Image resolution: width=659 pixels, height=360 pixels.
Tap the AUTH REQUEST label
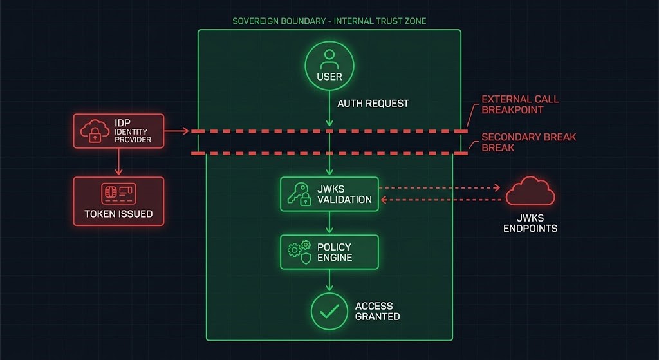coord(373,103)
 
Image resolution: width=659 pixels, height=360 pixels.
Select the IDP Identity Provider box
coord(118,131)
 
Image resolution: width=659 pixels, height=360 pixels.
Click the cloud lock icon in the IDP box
coord(93,131)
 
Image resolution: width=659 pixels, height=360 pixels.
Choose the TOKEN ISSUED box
coord(118,201)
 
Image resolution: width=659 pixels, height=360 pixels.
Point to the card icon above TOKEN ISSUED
coord(118,193)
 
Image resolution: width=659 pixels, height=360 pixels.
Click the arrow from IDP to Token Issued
coord(118,162)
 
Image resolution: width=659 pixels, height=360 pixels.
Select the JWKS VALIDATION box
coord(329,194)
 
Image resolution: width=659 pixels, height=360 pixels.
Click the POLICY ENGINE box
coord(329,252)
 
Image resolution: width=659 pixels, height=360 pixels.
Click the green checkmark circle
coord(329,311)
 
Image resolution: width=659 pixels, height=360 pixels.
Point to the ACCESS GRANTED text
coord(377,311)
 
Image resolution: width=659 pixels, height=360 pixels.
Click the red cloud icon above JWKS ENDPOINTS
coord(530,193)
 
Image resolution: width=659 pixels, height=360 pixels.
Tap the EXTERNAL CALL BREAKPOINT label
coord(520,104)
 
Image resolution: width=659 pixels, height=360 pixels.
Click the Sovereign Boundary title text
coord(329,21)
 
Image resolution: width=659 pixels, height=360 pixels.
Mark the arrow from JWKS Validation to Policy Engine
coord(329,223)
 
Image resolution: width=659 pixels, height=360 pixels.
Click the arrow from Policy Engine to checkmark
coord(329,280)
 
